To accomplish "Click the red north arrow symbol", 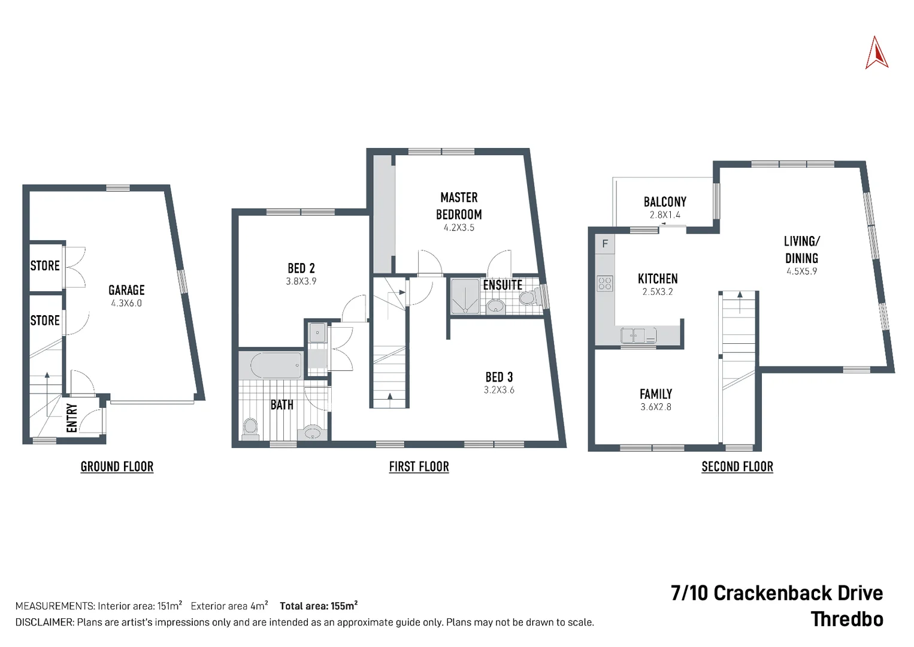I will coord(876,53).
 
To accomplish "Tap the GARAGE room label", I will coord(126,291).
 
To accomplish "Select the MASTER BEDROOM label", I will coord(459,205).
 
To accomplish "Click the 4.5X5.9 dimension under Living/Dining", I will coord(801,271).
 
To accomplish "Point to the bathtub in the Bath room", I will coord(276,365).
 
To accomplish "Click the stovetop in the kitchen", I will coord(605,283).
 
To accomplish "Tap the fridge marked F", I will coord(605,244).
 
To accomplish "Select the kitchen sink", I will coord(638,335).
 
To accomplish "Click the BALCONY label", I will coord(665,202).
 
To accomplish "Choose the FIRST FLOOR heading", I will coord(419,467).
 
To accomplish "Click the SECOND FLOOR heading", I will coord(737,467).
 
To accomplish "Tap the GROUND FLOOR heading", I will coord(117,467).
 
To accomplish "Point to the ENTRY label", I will coord(72,418).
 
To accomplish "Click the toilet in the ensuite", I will coord(527,298).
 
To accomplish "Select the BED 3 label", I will coord(499,377).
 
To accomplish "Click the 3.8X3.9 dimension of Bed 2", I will coord(301,282).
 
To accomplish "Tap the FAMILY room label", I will coord(655,394).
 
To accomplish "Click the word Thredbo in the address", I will coord(846,619).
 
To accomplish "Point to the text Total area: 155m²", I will coord(319,606).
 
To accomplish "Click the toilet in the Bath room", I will coord(250,428).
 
